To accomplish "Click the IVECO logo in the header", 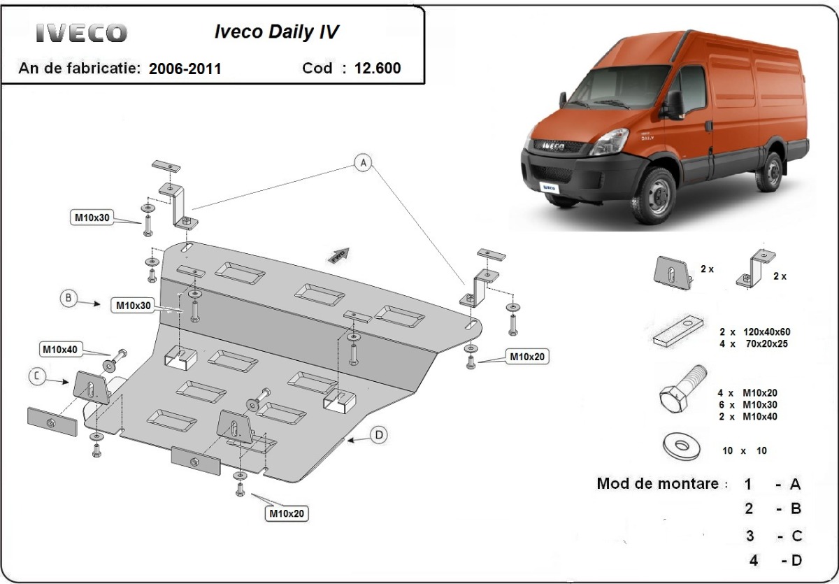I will (x=81, y=32).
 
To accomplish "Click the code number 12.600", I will (x=378, y=68).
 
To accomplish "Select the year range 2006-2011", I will (x=185, y=69).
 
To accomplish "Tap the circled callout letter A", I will (x=362, y=164).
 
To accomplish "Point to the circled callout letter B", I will (x=69, y=298).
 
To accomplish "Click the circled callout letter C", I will (x=38, y=377).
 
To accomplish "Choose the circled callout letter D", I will (x=378, y=435).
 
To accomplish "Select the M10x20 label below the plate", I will (x=287, y=514).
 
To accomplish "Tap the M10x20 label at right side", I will (x=526, y=357).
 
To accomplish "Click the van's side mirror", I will (x=673, y=105).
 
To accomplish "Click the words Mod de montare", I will (x=657, y=483).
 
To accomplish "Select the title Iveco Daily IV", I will (x=278, y=32).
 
